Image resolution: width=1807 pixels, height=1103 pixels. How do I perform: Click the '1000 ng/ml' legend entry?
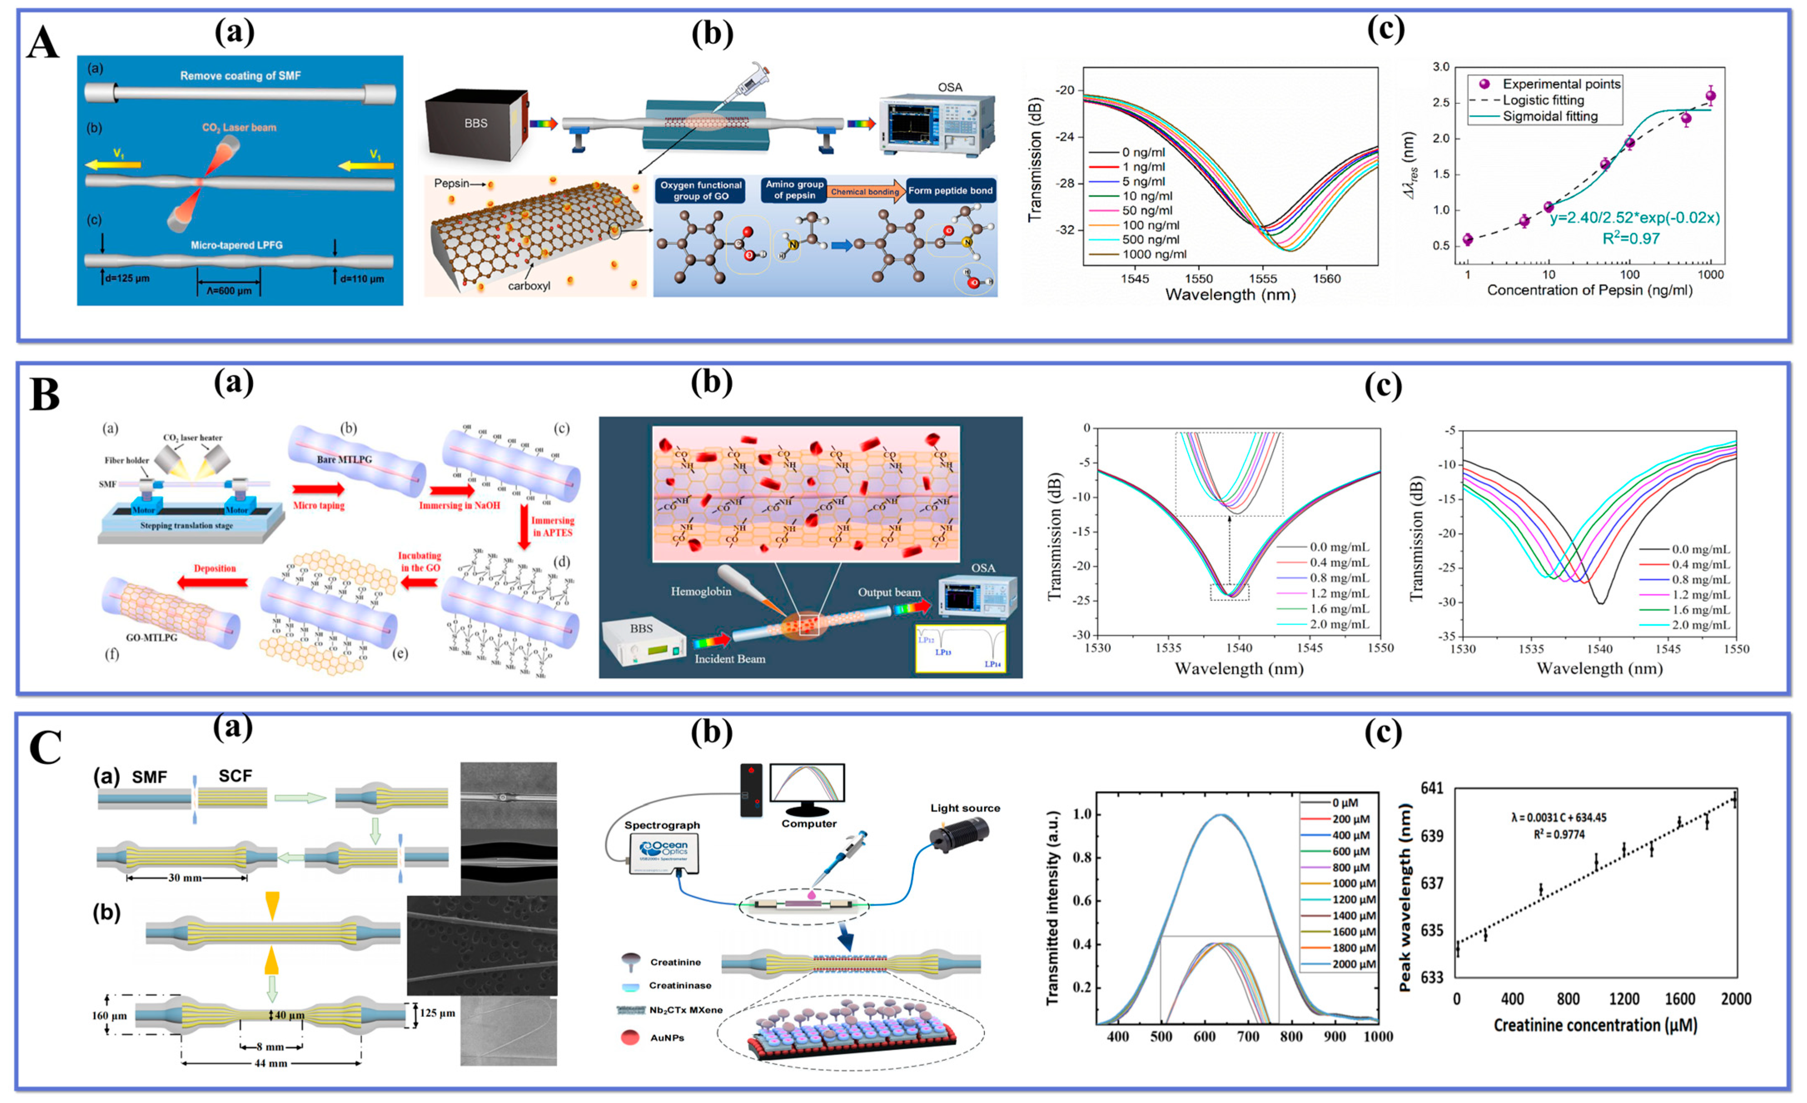(x=1153, y=254)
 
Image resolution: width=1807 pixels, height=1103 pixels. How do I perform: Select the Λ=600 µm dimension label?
(x=228, y=291)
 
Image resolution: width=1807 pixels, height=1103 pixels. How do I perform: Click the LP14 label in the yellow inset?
(x=992, y=664)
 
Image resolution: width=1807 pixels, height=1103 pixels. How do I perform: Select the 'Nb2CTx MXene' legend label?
(x=685, y=1010)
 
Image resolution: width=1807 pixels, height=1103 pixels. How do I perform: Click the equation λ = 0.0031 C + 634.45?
(x=1558, y=818)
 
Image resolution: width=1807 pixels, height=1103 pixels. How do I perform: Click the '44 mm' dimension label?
(x=271, y=1063)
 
